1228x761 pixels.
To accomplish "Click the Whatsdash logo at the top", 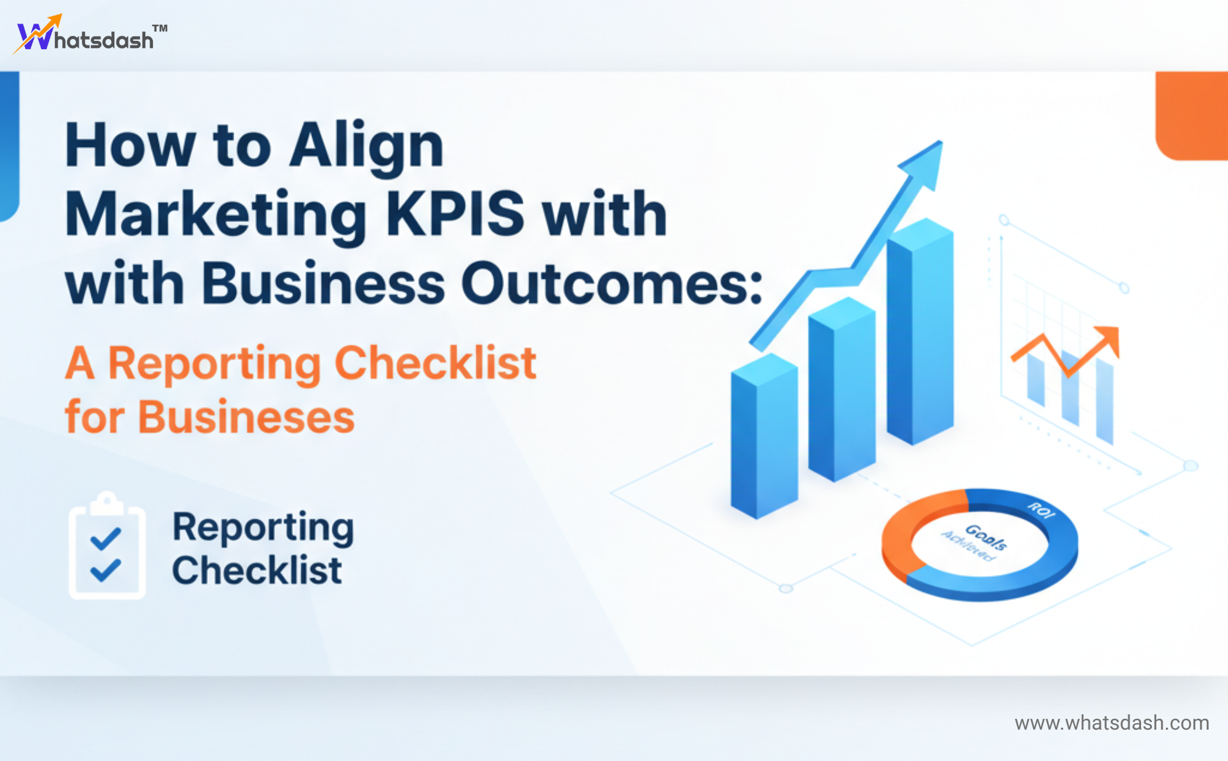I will point(90,36).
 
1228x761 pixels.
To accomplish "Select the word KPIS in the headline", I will point(455,214).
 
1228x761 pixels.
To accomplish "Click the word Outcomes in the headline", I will point(611,283).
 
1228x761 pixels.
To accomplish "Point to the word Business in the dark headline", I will point(323,283).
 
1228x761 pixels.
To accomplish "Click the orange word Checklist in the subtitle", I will point(435,363).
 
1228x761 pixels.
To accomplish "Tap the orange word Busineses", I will point(246,418).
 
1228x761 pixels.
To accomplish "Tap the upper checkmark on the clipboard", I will point(106,538).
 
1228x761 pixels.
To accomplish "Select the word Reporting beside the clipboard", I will point(263,528).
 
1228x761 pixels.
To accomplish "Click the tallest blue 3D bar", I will point(920,333).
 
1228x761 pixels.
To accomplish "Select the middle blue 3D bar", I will point(842,390).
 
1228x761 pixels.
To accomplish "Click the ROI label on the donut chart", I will point(1041,510).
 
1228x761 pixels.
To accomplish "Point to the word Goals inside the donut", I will point(986,537).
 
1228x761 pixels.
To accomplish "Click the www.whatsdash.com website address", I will point(1112,723).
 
